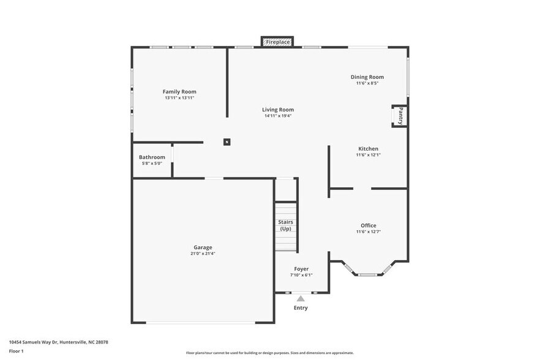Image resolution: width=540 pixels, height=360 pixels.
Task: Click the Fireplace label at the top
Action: coord(277,42)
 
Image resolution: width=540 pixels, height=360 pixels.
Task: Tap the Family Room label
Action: coord(179,91)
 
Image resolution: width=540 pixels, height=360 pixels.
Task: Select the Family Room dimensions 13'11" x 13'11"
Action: coord(179,98)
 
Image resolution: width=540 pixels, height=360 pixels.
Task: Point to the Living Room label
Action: coord(278,110)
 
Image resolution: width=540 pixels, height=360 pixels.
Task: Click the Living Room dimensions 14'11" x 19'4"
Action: coord(278,116)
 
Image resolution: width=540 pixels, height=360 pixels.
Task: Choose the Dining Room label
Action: coord(367,77)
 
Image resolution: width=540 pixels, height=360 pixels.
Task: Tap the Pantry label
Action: coord(400,116)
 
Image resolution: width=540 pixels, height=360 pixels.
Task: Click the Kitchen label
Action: coord(368,149)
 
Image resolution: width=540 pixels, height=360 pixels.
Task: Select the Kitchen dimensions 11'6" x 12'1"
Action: coord(368,155)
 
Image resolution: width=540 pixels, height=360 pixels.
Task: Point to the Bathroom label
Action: coord(152,157)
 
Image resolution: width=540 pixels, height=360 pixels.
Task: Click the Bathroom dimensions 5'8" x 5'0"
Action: coord(152,163)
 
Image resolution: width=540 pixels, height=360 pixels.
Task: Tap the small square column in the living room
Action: coord(227,142)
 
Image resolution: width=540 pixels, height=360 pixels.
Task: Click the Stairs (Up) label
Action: coord(285,225)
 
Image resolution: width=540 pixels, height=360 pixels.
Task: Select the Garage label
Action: coord(203,247)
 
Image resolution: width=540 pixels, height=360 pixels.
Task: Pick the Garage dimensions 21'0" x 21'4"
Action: coord(203,253)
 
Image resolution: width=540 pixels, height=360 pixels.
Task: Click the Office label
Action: coord(368,225)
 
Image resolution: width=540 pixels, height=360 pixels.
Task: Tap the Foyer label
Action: coord(301,269)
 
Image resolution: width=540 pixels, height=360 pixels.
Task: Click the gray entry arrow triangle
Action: coord(301,299)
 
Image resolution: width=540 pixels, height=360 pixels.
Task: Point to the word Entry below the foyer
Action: coord(301,308)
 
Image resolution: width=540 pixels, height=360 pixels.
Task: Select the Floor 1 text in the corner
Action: coord(16,351)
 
